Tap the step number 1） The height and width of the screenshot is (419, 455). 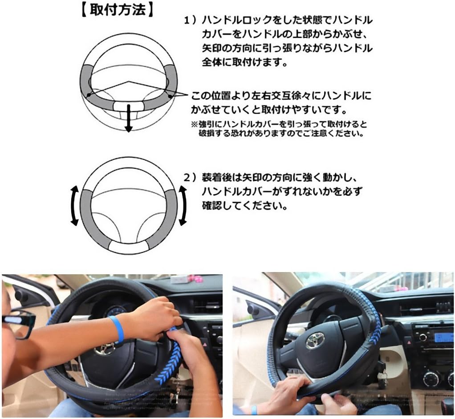(x=191, y=20)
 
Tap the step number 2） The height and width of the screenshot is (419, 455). (x=191, y=178)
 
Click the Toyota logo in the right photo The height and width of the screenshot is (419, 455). (x=315, y=340)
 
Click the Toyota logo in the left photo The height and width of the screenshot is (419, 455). (x=105, y=348)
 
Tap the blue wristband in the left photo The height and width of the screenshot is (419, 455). (x=118, y=329)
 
